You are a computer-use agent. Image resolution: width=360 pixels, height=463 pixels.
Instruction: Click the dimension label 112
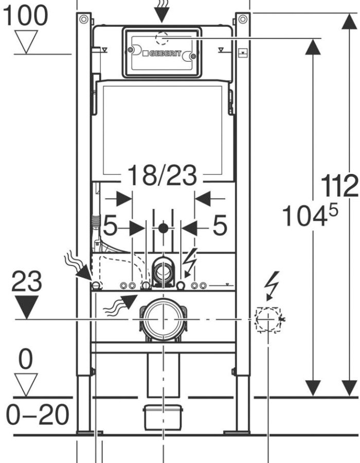339,186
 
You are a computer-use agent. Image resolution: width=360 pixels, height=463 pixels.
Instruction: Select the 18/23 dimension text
163,175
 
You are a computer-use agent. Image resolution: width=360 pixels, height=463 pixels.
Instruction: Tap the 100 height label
25,15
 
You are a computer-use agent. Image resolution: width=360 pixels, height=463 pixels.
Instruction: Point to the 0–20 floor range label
38,415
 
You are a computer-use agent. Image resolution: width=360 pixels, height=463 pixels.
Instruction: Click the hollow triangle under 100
26,42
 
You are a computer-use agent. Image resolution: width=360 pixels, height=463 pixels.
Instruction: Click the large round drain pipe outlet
163,320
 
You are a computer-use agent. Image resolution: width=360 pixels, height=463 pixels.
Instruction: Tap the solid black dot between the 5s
163,228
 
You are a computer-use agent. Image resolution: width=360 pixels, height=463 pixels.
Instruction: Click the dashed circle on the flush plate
162,38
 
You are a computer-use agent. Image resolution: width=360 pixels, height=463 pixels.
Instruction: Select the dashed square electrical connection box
268,320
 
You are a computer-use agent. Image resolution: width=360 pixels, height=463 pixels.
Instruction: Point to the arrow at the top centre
161,11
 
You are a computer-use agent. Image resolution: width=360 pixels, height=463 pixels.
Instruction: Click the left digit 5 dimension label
110,225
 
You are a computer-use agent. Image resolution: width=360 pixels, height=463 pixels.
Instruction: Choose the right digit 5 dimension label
220,225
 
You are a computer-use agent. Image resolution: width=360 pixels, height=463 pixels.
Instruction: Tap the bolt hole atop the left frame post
83,20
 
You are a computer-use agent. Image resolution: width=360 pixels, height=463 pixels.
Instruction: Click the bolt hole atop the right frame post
243,20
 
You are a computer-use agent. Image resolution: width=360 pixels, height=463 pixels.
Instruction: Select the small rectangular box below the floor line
163,417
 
